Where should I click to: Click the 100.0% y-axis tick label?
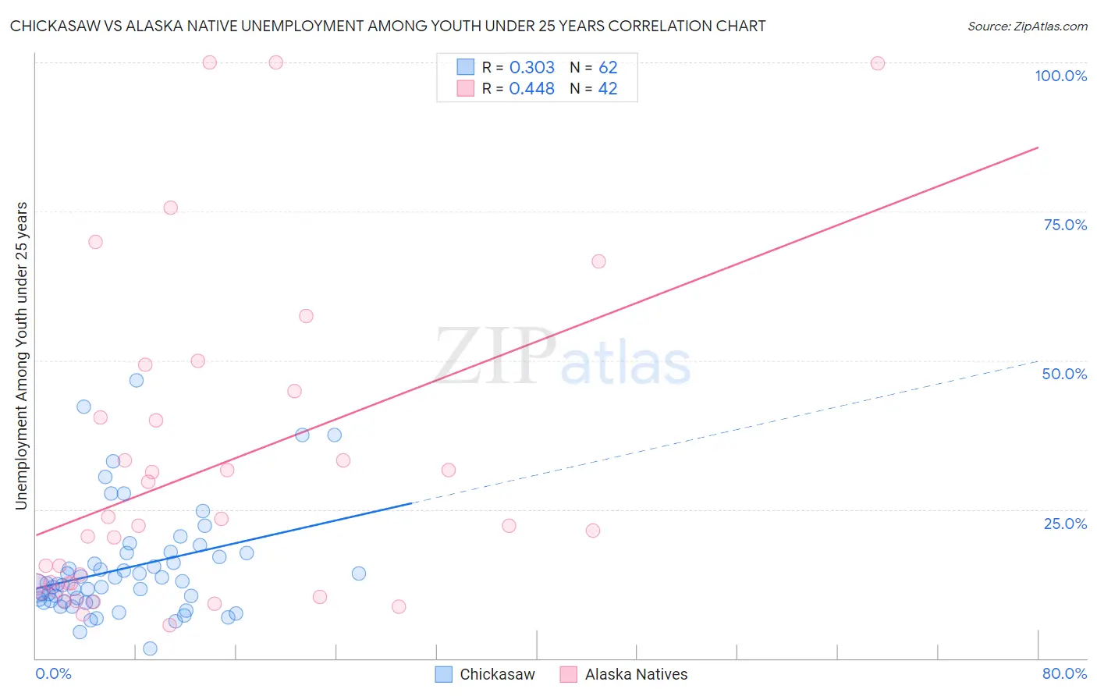coord(1060,76)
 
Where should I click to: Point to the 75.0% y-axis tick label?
coord(1065,225)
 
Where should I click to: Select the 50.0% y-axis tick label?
coord(1064,374)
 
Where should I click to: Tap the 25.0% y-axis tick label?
coord(1065,524)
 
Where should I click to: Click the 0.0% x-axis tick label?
coord(53,673)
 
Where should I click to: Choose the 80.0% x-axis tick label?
coord(1064,673)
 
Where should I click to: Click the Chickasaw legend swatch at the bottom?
coord(444,674)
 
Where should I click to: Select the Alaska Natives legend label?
coord(636,674)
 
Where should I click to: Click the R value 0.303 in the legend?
coord(531,68)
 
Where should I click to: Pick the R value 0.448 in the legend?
coord(531,89)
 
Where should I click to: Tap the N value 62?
coord(608,68)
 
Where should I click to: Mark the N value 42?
coord(608,89)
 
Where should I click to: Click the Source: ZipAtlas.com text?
coord(1027,27)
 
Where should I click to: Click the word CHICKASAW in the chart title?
coord(54,27)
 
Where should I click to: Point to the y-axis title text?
coord(22,356)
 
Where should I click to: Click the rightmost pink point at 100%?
coord(878,63)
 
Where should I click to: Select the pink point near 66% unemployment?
coord(598,261)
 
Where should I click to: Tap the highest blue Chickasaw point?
coord(137,380)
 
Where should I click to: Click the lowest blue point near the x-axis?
coord(150,648)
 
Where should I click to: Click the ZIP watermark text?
coord(495,356)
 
